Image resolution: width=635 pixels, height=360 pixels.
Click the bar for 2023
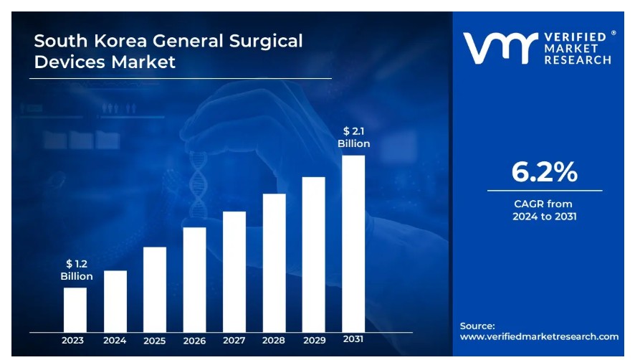pyautogui.click(x=75, y=309)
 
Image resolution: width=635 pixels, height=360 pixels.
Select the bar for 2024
pyautogui.click(x=115, y=300)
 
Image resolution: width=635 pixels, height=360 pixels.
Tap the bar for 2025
pyautogui.click(x=155, y=289)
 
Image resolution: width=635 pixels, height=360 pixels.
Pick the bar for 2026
pyautogui.click(x=194, y=279)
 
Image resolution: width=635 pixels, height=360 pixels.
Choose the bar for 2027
pyautogui.click(x=234, y=271)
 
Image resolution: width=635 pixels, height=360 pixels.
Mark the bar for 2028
pyautogui.click(x=274, y=262)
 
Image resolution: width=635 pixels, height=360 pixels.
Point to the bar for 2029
pyautogui.click(x=313, y=254)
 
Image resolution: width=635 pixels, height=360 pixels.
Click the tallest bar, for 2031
pyautogui.click(x=353, y=243)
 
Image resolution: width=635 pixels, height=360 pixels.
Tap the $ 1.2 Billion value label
pyautogui.click(x=77, y=270)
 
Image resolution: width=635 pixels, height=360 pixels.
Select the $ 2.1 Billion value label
pyautogui.click(x=354, y=137)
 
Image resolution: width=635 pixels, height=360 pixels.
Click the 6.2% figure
pyautogui.click(x=544, y=172)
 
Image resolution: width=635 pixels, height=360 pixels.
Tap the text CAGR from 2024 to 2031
pyautogui.click(x=544, y=210)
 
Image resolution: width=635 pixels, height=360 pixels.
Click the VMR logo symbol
pyautogui.click(x=500, y=47)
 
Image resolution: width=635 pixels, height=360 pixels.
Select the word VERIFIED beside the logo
pyautogui.click(x=578, y=37)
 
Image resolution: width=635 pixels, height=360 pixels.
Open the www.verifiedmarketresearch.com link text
pyautogui.click(x=539, y=336)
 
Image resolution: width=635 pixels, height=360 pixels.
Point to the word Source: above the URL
pyautogui.click(x=477, y=326)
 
